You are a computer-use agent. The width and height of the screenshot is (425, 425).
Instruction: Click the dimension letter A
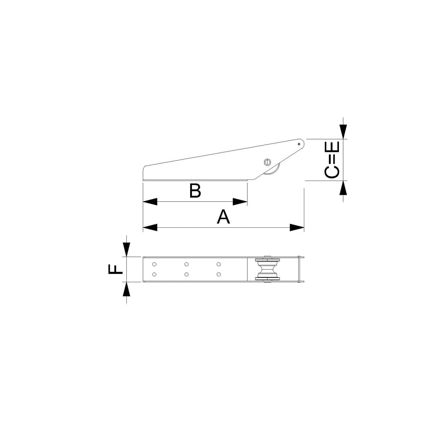223,217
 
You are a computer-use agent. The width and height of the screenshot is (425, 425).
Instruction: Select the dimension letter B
195,191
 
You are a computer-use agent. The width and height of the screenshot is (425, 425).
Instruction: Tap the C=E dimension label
332,160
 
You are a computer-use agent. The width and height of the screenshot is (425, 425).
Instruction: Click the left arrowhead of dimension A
150,228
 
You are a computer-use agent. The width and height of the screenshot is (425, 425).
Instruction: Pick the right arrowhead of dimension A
297,228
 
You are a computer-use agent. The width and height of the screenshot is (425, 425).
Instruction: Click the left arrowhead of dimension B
150,202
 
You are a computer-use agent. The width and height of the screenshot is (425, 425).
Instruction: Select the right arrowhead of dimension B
240,202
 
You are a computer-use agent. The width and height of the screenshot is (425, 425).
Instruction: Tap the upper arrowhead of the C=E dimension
343,132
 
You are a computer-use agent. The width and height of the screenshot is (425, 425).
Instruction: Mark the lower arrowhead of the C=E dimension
343,188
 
